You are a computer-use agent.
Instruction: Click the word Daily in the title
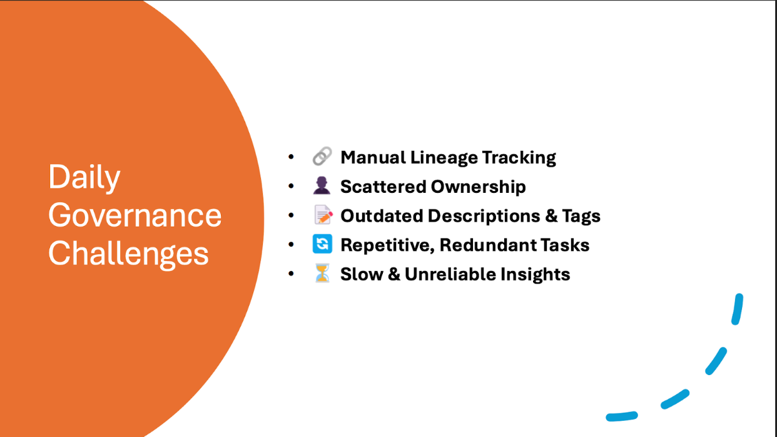pos(84,178)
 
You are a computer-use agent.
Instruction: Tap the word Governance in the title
pos(135,215)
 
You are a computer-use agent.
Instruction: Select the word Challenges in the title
pos(128,254)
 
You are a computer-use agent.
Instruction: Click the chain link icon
pos(322,157)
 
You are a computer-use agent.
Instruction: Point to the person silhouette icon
pos(322,187)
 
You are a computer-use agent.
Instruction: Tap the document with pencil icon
pos(322,215)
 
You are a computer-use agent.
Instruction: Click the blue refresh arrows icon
pos(322,244)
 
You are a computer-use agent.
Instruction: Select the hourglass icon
pos(322,274)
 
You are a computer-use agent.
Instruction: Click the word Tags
pos(582,216)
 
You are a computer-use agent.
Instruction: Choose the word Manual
pos(373,158)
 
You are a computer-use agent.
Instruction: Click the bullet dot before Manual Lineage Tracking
pos(291,157)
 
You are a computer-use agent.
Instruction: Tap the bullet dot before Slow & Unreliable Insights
pos(291,274)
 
